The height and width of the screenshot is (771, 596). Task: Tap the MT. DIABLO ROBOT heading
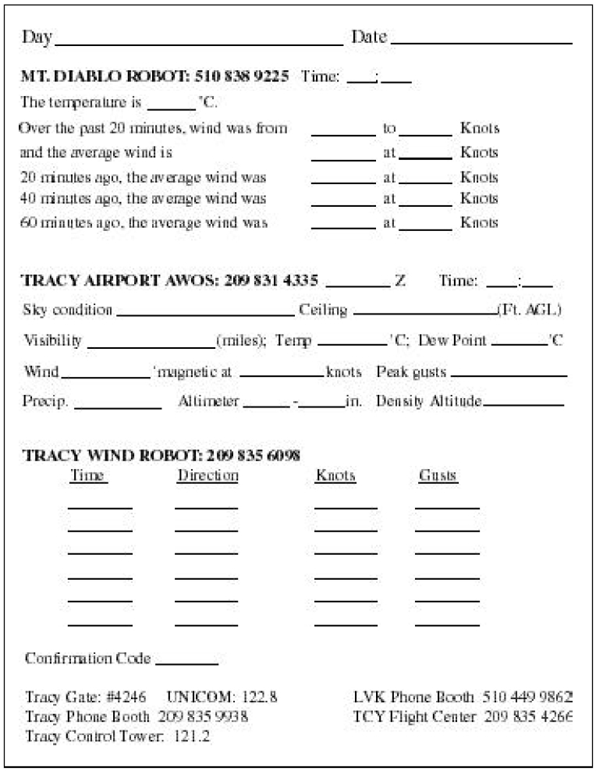coord(154,77)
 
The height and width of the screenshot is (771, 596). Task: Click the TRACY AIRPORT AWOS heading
coord(171,281)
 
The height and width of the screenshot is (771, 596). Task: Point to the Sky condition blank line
coord(204,314)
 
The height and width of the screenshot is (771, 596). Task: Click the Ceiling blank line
coord(425,314)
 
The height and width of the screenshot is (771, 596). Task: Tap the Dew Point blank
coord(520,345)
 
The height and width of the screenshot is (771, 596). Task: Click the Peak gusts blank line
coord(509,375)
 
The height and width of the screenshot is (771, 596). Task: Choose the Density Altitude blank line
coord(523,405)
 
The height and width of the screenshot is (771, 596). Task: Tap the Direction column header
coord(208,475)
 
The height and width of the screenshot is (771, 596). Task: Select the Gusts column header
coord(438,475)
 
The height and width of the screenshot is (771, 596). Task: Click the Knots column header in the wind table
coord(335,475)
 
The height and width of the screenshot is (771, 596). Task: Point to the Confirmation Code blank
coord(186,663)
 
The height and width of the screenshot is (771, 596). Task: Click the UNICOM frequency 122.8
coord(262,696)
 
